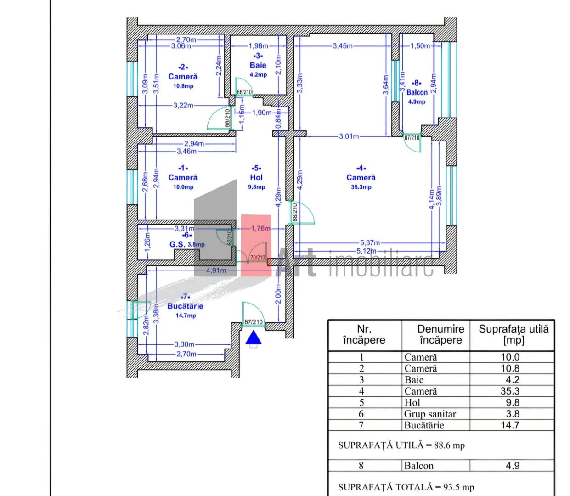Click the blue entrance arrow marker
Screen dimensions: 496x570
253,338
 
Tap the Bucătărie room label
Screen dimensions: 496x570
185,306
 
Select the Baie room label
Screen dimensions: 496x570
258,65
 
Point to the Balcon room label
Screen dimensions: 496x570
417,92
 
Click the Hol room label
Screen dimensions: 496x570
256,177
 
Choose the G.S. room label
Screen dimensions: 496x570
177,244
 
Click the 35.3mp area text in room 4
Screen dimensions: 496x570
361,187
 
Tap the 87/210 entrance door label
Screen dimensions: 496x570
254,322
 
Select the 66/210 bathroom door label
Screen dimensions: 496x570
244,92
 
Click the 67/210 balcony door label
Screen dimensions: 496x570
412,137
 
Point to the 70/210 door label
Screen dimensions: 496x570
257,258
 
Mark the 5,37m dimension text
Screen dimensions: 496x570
370,242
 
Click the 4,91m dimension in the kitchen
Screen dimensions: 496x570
216,271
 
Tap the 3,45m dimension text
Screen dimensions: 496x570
343,46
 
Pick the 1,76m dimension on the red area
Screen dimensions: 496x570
260,228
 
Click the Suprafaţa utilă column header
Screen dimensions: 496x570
513,334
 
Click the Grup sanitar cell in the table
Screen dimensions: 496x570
430,414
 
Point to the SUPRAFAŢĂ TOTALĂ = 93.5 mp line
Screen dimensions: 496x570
406,487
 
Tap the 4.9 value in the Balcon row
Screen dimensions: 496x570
512,466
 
